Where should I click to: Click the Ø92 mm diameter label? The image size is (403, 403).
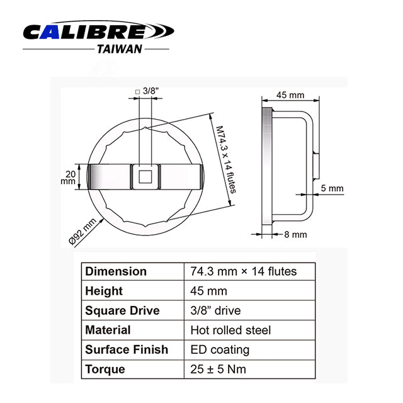pyautogui.click(x=82, y=231)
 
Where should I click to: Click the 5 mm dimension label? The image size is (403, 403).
pyautogui.click(x=331, y=188)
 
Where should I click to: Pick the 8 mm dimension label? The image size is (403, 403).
pyautogui.click(x=295, y=234)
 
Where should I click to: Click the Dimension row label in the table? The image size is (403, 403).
pyautogui.click(x=116, y=271)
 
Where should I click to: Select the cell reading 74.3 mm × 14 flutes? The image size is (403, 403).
pyautogui.click(x=243, y=271)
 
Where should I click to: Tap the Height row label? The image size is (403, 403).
pyautogui.click(x=104, y=291)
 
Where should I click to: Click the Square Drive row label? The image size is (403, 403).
pyautogui.click(x=122, y=310)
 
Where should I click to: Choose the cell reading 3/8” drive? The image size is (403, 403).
pyautogui.click(x=215, y=310)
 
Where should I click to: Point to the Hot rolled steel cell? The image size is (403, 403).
pyautogui.click(x=230, y=330)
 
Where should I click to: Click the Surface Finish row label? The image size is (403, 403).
pyautogui.click(x=127, y=349)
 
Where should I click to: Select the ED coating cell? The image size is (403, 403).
pyautogui.click(x=220, y=349)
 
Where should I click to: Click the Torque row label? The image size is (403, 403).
pyautogui.click(x=105, y=369)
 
